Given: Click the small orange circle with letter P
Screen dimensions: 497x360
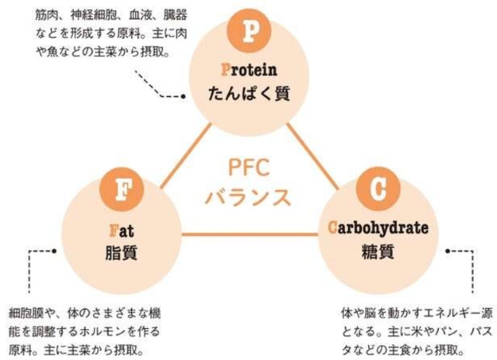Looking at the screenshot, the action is click(x=249, y=31).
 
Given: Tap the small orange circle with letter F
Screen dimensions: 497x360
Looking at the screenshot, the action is click(x=122, y=189).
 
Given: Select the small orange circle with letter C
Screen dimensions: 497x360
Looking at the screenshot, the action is click(x=378, y=189).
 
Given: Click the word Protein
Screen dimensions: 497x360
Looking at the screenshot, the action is click(x=249, y=70).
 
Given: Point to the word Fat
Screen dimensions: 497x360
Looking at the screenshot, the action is click(x=122, y=230).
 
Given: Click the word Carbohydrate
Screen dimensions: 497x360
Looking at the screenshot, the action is click(x=378, y=228).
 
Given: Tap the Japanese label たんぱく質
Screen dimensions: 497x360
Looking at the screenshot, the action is click(x=249, y=93).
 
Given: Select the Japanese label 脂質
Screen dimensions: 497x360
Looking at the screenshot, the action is click(x=121, y=253).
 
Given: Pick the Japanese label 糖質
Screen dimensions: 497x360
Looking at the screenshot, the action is click(x=378, y=251).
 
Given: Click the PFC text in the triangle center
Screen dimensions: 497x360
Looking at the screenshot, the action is click(x=249, y=168).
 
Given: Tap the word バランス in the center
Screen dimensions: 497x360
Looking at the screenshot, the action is click(x=248, y=197).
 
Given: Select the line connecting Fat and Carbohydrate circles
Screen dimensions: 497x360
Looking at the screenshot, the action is click(x=250, y=234).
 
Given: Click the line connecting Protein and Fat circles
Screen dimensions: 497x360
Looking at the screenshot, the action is click(x=186, y=156).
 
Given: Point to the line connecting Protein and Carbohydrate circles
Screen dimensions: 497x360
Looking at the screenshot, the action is click(x=312, y=156).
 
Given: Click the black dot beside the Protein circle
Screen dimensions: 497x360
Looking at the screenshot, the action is click(x=183, y=96).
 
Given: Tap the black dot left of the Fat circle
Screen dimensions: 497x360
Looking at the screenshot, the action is click(x=54, y=251).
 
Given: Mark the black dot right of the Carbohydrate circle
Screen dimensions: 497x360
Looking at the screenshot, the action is click(x=447, y=251).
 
